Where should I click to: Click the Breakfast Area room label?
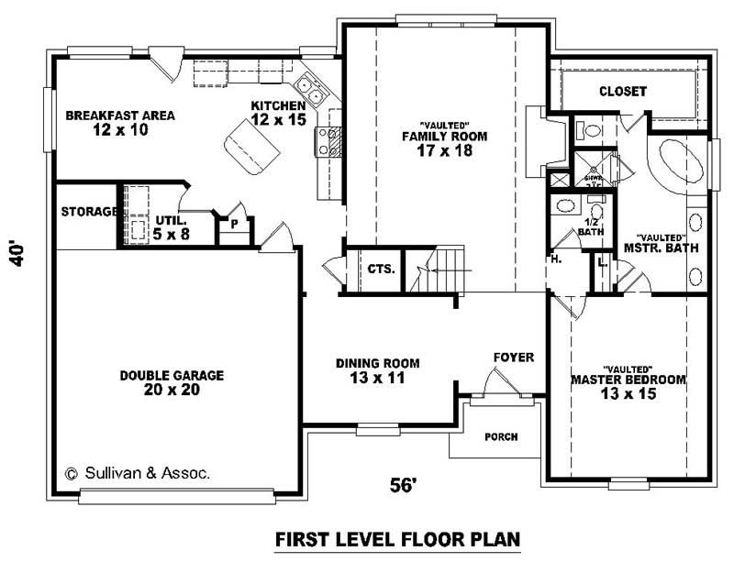coord(120,123)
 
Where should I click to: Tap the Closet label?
coord(623,92)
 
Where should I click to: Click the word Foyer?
coord(513,357)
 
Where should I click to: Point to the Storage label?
coord(89,212)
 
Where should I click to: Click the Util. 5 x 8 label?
coord(172,227)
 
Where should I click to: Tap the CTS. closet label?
coord(381,270)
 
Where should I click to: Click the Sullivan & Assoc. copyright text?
coord(137,474)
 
